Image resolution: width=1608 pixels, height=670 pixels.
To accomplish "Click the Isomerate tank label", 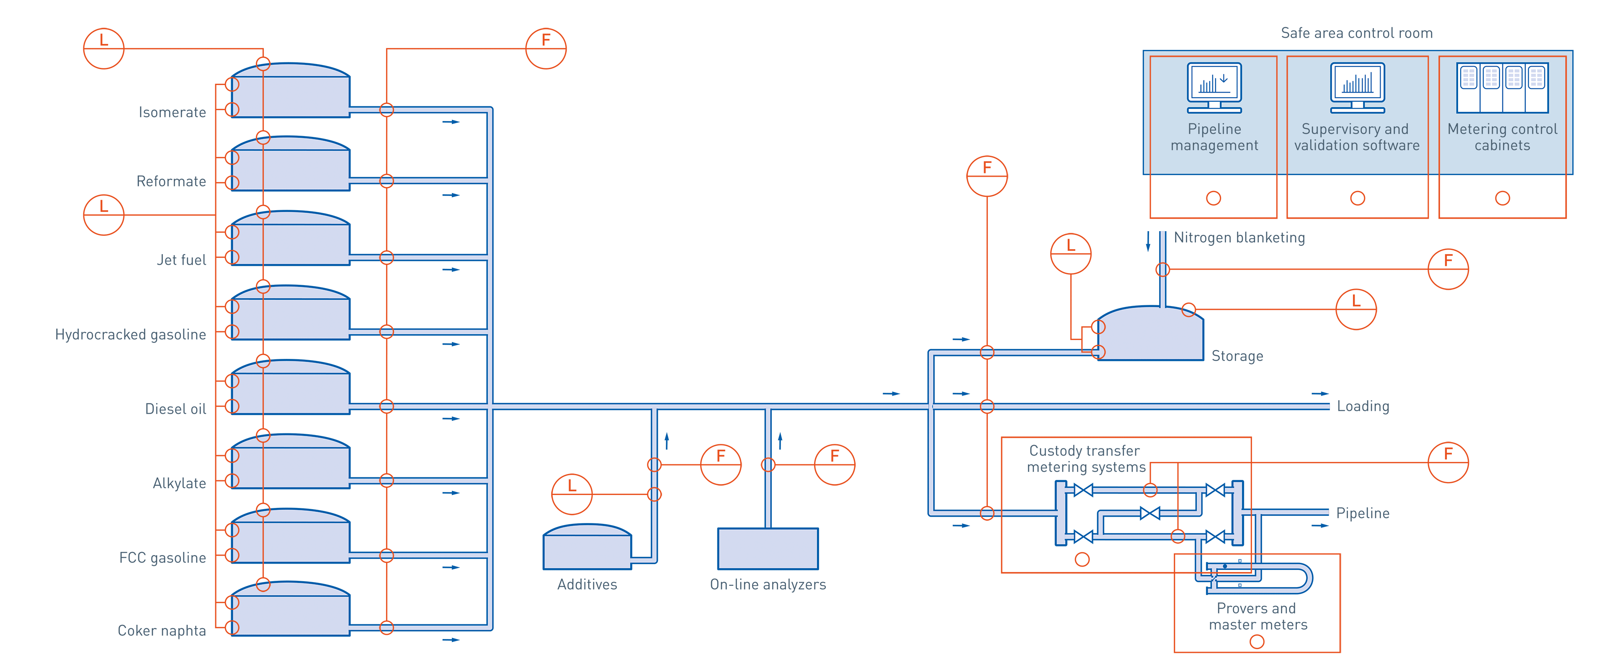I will [x=172, y=112].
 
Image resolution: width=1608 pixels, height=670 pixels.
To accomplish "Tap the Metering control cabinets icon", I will [x=1502, y=88].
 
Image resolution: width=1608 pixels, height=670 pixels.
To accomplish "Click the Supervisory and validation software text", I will [x=1356, y=137].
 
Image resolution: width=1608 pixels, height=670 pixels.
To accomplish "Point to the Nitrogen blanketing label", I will [x=1239, y=238].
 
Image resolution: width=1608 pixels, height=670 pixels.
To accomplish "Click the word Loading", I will [x=1363, y=407].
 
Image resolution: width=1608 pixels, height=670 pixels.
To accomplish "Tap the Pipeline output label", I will [x=1363, y=513].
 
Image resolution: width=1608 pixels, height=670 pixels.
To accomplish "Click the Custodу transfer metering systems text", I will [x=1085, y=459].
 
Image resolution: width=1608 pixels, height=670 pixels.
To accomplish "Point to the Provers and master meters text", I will [x=1257, y=616].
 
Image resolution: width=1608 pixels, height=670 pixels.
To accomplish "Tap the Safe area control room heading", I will [x=1356, y=33].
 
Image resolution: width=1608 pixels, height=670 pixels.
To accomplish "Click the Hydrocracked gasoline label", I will [x=131, y=335].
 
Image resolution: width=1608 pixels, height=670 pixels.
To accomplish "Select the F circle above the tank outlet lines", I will [x=546, y=48].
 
